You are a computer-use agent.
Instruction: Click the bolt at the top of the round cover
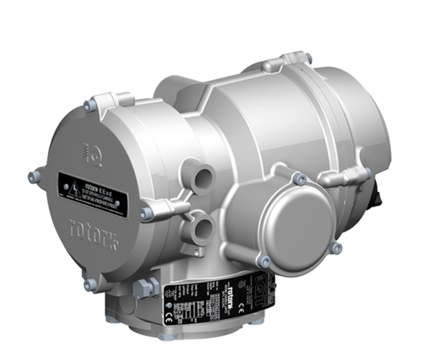[x=90, y=106]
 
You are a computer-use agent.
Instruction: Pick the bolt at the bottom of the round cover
[x=90, y=285]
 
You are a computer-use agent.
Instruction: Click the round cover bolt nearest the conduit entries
[x=145, y=214]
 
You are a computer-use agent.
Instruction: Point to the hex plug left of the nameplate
[x=144, y=288]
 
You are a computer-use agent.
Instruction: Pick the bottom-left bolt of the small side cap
[x=263, y=261]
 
